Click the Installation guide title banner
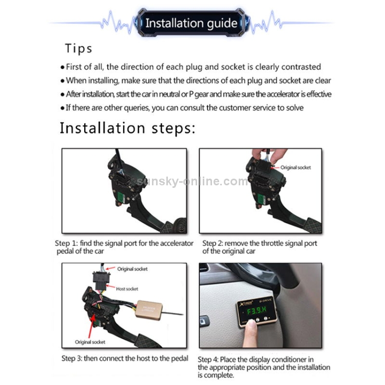191,23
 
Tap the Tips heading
79,48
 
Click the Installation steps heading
127,128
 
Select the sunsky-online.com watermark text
192,181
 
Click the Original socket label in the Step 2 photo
296,167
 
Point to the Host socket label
127,289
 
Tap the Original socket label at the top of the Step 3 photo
132,269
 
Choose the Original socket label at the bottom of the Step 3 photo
90,342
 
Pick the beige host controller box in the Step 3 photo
149,310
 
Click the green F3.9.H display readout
257,311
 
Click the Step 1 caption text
124,247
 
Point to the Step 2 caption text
260,247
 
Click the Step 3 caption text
125,358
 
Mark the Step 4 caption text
264,368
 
